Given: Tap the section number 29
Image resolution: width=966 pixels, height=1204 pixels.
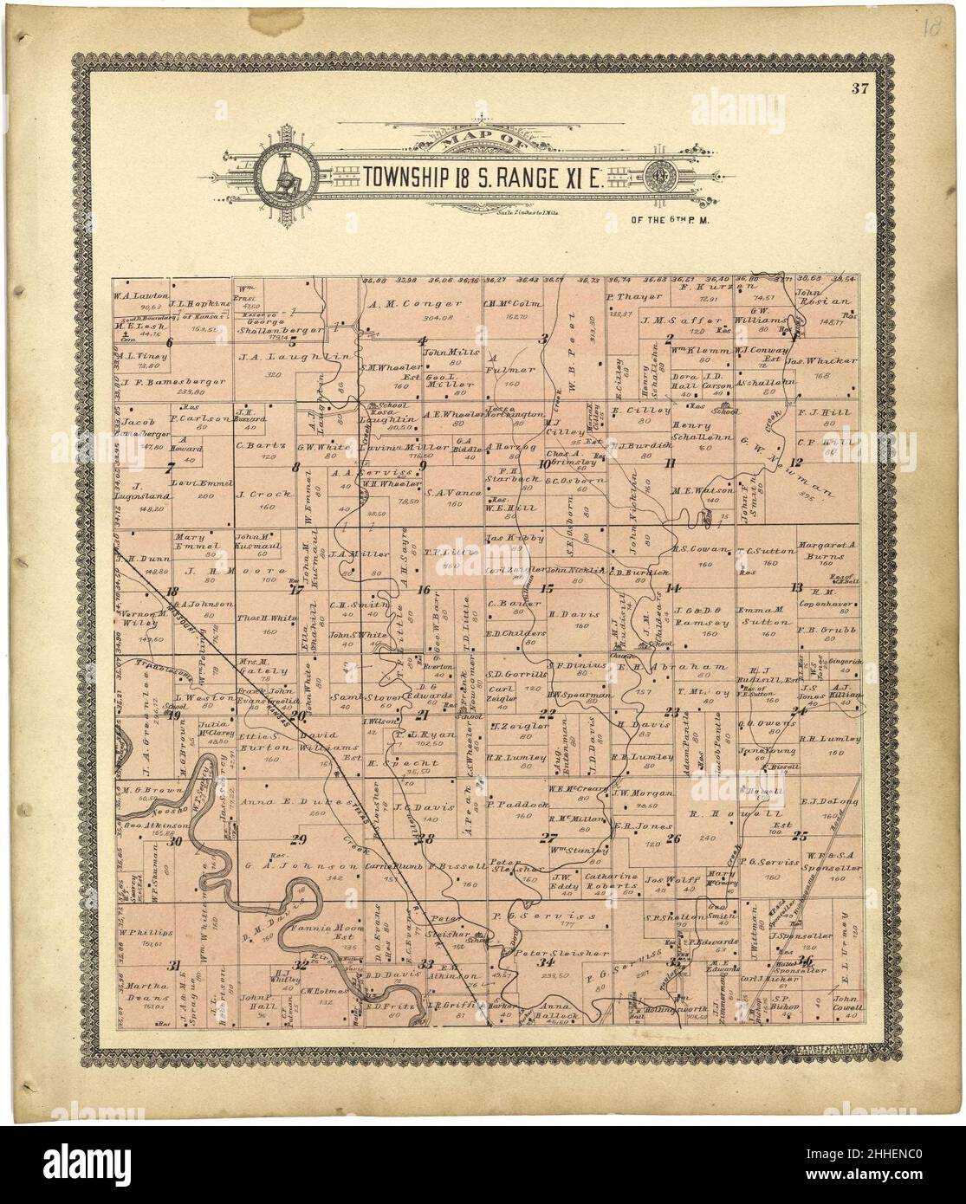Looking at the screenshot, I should pyautogui.click(x=300, y=838).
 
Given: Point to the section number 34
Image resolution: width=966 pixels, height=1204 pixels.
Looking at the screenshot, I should pyautogui.click(x=545, y=962).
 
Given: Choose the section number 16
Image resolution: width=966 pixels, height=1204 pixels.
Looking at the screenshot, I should pyautogui.click(x=424, y=591).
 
